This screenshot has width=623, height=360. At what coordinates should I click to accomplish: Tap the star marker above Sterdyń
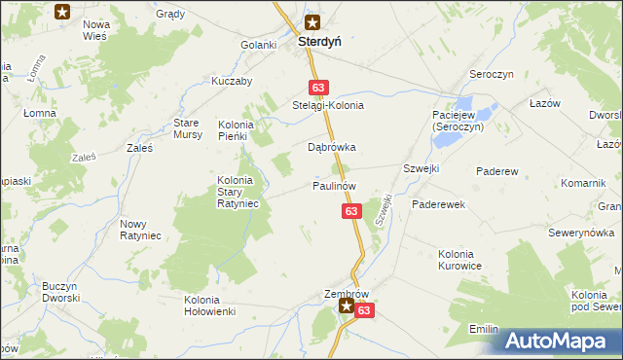point(312,22)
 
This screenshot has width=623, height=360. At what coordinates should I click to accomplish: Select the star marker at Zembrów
point(346,306)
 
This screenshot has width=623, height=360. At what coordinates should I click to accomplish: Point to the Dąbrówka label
point(332,148)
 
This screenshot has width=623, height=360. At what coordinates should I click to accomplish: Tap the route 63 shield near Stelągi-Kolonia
point(318,87)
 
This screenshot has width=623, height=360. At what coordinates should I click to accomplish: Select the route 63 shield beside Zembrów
point(364,310)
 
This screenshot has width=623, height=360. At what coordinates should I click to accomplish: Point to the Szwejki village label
point(421,168)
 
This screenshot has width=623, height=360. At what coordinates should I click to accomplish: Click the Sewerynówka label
point(579,233)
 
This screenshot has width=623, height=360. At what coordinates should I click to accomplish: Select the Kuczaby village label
point(233,82)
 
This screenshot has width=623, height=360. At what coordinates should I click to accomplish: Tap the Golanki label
point(260,46)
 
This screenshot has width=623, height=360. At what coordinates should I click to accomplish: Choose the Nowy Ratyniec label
point(140,230)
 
